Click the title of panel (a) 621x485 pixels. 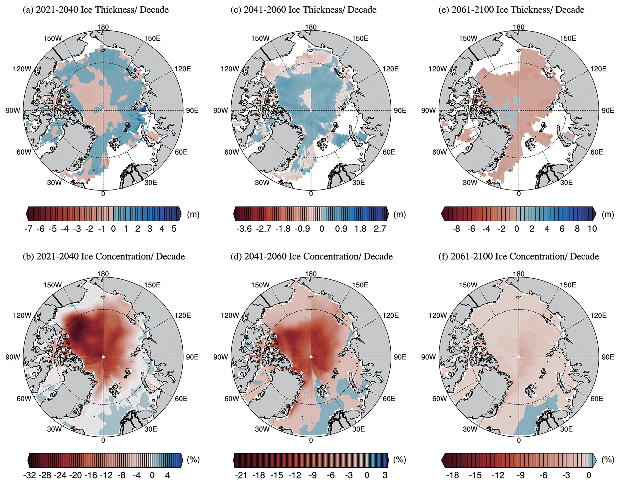(x=96, y=10)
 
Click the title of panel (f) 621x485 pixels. (x=519, y=256)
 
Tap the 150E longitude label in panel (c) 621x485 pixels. (x=360, y=38)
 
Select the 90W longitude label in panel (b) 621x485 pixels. (x=13, y=357)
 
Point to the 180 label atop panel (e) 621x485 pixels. (x=519, y=27)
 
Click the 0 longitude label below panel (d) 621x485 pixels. (x=311, y=440)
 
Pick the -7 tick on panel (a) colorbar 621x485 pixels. (x=28, y=229)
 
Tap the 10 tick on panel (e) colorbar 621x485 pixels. (x=592, y=229)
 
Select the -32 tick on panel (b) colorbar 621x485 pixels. (x=30, y=476)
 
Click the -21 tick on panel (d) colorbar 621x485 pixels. (x=241, y=476)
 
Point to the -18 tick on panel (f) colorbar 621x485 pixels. (x=452, y=476)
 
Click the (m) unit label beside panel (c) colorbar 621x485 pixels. (x=400, y=214)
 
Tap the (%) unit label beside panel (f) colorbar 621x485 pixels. (x=607, y=460)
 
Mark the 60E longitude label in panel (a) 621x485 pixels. (x=181, y=152)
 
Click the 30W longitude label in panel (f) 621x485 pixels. (x=470, y=429)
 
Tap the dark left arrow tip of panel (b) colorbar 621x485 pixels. (x=29, y=460)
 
